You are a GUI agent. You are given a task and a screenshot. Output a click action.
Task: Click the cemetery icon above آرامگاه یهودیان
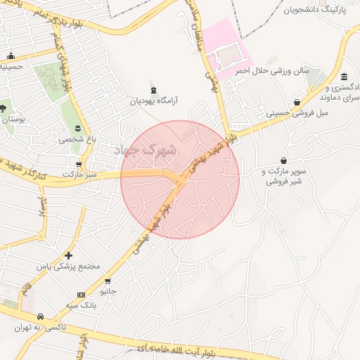155,89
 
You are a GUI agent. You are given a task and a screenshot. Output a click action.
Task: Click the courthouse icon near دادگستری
343,77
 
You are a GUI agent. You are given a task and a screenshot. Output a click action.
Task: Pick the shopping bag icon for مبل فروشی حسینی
297,103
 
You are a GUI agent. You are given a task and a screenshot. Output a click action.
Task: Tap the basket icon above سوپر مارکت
283,160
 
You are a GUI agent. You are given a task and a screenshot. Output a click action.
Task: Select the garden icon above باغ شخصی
77,128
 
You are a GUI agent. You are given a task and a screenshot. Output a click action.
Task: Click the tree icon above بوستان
4,108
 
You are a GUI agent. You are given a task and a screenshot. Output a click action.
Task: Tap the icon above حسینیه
11,56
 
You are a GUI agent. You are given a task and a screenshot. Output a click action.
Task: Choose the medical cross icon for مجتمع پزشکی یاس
68,255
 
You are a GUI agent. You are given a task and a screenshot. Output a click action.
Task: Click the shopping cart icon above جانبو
109,279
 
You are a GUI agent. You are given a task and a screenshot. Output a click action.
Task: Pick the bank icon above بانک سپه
81,295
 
